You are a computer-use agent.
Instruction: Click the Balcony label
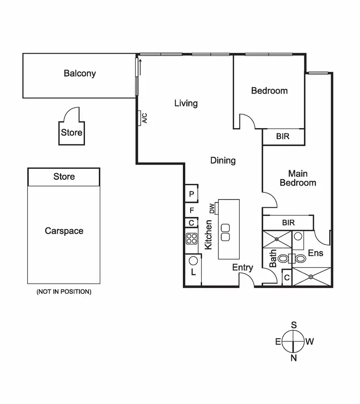tap(80, 73)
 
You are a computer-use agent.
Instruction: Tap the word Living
tap(186, 103)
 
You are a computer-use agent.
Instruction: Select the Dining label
tap(223, 160)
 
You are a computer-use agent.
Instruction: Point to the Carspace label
tap(64, 231)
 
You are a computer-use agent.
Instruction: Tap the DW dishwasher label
tap(211, 208)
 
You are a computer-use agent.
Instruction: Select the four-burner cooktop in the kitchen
tap(192, 238)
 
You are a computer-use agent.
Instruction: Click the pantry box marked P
tap(192, 194)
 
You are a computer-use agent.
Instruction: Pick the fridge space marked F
tap(192, 210)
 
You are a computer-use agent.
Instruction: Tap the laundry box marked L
tap(193, 272)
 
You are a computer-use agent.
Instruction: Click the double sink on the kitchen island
tap(226, 232)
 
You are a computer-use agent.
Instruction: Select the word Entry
tap(242, 268)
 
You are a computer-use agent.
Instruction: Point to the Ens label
tap(315, 253)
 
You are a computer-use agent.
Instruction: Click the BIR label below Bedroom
tap(283, 137)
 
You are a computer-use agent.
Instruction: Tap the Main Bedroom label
tap(298, 178)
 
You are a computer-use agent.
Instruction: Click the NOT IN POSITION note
tap(64, 292)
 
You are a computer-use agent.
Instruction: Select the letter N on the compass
tap(294, 358)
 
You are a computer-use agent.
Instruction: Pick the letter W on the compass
tap(310, 342)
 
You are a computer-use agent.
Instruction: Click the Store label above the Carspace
tap(64, 177)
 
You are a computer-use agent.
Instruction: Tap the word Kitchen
tap(209, 235)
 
